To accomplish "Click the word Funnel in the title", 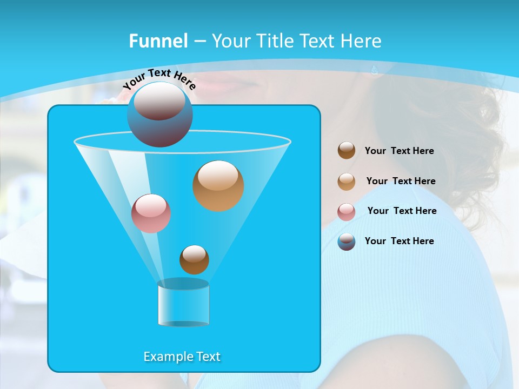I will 158,41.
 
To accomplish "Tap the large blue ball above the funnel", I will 159,114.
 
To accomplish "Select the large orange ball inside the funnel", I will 218,185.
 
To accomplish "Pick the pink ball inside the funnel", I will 151,213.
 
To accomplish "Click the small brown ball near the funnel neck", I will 194,260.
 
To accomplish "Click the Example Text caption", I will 182,357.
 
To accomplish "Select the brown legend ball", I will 347,151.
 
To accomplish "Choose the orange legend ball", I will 347,181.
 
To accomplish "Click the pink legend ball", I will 347,211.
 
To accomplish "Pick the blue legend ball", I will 347,242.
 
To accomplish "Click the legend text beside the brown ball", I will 399,151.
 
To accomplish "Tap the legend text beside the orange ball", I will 401,181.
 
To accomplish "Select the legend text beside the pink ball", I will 402,211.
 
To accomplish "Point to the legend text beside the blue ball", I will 399,241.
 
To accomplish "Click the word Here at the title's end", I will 361,41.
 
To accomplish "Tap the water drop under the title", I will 374,69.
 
